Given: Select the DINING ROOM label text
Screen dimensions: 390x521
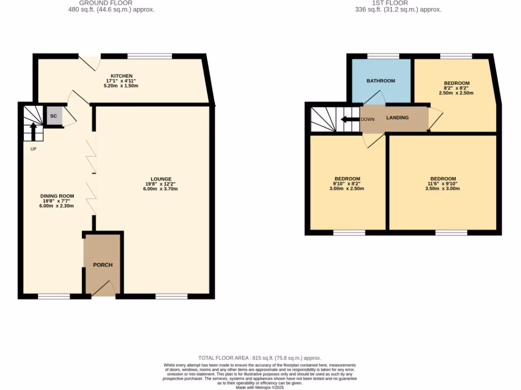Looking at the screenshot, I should click(57, 196).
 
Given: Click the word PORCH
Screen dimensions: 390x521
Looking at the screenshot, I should click(103, 265).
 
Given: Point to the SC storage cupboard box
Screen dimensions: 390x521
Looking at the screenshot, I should click(53, 116).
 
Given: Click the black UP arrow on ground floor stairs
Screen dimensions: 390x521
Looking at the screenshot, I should click(34, 132).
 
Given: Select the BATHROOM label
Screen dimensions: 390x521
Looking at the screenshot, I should click(381, 81).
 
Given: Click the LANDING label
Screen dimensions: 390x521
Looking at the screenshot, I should click(397, 118).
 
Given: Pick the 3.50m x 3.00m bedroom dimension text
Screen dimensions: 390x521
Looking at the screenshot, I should click(443, 188).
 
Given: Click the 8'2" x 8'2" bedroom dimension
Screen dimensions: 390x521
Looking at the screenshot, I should click(456, 88).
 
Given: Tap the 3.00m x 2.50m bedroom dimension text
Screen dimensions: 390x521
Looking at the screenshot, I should click(347, 188).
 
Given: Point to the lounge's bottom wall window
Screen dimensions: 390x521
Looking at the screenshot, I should click(171, 296).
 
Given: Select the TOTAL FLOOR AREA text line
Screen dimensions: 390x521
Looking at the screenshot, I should click(259, 358).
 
